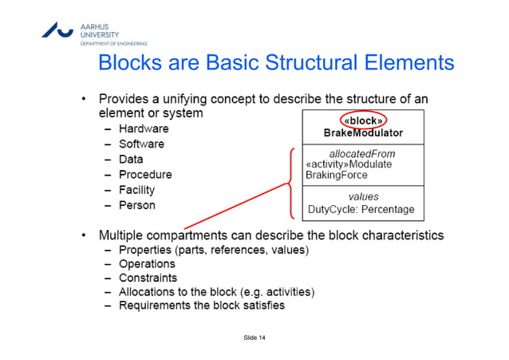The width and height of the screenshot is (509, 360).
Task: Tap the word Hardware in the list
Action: tap(143, 129)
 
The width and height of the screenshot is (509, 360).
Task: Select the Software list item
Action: tap(141, 144)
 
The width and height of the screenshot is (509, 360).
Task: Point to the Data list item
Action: tap(131, 160)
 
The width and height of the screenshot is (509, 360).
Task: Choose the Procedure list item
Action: tap(145, 175)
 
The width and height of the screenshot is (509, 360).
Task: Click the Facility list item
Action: tap(136, 190)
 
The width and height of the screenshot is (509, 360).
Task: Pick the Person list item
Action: tap(137, 205)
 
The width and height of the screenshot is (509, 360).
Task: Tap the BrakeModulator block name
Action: tap(363, 133)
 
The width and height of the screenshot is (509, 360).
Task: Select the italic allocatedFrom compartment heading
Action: tap(362, 152)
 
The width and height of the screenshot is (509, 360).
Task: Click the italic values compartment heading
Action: tap(363, 196)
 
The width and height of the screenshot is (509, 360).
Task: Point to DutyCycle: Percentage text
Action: tap(361, 209)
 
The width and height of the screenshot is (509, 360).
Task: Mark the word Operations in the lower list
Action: tap(147, 263)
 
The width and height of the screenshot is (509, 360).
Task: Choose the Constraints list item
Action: tap(148, 278)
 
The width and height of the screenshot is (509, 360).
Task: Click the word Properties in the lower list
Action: tap(146, 250)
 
